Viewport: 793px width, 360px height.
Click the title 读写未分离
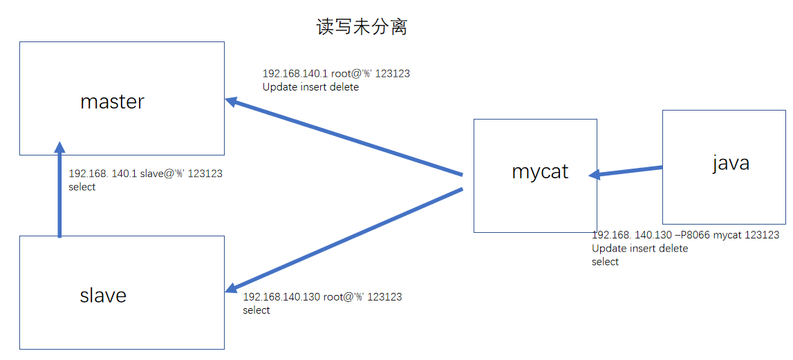coord(362,26)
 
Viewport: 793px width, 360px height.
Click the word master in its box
coord(112,102)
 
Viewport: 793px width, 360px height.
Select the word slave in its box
coord(103,296)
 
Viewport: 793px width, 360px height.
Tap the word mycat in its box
coord(540,171)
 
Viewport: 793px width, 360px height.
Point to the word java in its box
coord(731,163)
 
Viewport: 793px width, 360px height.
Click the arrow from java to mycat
coord(626,171)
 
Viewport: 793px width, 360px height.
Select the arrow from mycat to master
coord(346,138)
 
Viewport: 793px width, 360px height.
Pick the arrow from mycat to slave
coord(346,238)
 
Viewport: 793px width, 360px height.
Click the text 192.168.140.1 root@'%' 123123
coord(337,73)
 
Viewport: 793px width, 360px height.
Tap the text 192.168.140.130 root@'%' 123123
coord(322,296)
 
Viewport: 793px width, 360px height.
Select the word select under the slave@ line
coord(82,187)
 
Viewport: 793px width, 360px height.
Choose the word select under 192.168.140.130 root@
coord(256,310)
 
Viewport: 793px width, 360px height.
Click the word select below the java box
coord(605,262)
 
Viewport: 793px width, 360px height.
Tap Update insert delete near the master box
coord(310,87)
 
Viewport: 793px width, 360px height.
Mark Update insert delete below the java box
coord(640,248)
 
